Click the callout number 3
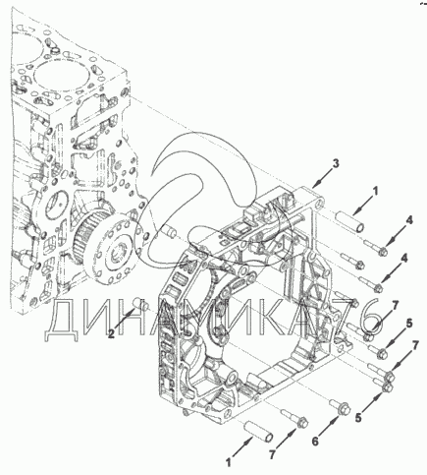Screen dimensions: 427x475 [x=335, y=163]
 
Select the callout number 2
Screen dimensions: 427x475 [x=112, y=334]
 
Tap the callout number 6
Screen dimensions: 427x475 [x=315, y=442]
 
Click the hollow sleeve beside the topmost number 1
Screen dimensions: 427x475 [x=349, y=221]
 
